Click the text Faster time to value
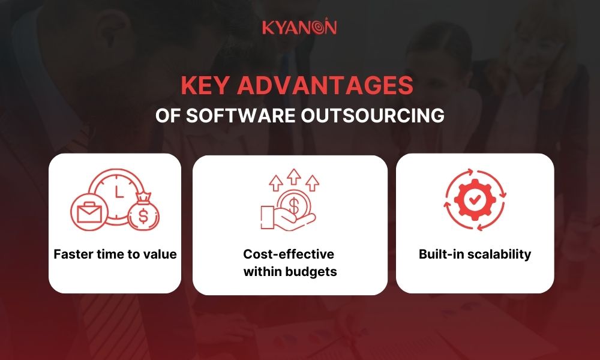(x=115, y=254)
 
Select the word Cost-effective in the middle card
(x=288, y=254)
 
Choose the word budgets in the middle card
(x=312, y=272)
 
